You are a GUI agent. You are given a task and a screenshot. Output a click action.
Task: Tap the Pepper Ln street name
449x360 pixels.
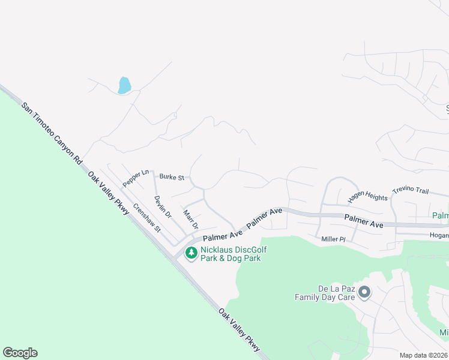136,178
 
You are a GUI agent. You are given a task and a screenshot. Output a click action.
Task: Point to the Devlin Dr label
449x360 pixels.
163,206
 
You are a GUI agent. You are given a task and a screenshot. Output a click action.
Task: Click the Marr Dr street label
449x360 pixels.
191,220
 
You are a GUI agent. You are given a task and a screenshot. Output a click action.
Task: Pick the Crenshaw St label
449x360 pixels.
147,218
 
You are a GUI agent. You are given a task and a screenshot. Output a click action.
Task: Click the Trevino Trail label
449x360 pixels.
411,191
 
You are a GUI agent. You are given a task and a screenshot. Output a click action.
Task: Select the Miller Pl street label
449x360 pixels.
334,239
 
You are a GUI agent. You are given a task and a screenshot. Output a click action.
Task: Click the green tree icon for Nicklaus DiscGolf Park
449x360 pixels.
191,253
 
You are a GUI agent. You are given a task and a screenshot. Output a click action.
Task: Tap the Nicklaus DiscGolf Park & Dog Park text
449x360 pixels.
234,254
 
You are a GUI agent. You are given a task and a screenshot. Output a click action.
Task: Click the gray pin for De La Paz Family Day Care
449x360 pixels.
364,292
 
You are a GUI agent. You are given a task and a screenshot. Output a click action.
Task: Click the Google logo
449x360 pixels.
20,353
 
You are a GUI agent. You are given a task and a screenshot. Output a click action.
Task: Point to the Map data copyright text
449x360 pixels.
424,355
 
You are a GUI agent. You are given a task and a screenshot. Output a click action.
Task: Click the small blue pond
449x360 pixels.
124,85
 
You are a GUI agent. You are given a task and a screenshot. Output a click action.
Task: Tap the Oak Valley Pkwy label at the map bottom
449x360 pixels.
240,330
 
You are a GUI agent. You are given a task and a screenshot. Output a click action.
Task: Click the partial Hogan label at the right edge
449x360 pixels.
439,236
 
